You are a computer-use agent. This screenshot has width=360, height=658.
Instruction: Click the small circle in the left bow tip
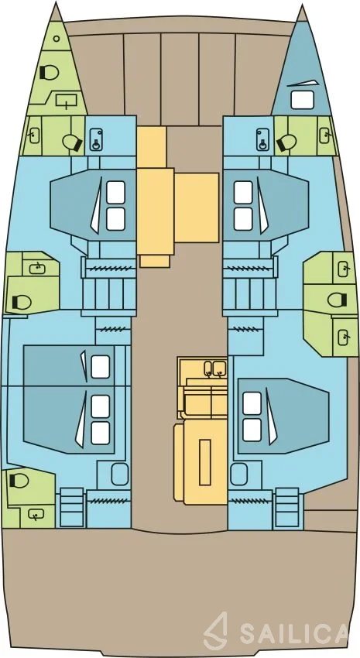(57, 38)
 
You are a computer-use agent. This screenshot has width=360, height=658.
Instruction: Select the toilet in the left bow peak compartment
(49, 73)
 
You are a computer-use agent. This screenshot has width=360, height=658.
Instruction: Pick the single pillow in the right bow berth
(302, 100)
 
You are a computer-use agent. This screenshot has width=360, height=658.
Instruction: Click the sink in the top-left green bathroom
(33, 135)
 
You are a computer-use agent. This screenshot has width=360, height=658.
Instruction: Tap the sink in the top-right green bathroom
(326, 135)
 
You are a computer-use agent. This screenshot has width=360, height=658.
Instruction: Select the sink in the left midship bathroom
(38, 267)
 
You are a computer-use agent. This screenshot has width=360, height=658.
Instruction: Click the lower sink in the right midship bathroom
(345, 336)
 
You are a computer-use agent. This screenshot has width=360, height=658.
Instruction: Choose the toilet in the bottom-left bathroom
(18, 479)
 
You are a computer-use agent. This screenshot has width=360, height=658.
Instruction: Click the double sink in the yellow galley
(214, 368)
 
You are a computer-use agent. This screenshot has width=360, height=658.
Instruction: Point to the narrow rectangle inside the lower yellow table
(204, 462)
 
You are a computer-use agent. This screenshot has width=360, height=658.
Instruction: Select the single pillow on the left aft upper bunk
(101, 366)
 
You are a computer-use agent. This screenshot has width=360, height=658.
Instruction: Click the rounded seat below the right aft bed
(239, 474)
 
